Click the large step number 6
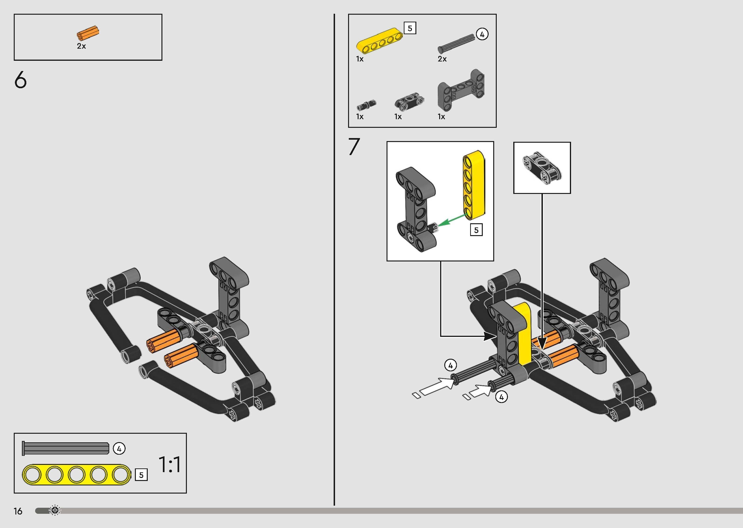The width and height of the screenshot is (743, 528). click(21, 80)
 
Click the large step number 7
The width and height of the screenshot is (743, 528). click(354, 147)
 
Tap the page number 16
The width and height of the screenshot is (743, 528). click(18, 511)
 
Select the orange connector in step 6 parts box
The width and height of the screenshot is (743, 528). click(88, 33)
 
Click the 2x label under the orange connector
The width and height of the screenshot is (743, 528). click(81, 46)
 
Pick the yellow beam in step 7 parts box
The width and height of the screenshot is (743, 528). click(379, 41)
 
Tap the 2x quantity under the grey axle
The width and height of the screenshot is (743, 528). click(442, 59)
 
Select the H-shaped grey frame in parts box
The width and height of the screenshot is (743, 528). click(461, 89)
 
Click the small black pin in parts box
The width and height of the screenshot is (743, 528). click(366, 105)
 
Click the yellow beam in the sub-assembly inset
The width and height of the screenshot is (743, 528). click(474, 184)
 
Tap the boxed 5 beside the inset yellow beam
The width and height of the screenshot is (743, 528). click(476, 230)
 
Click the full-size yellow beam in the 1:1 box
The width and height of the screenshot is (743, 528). click(76, 475)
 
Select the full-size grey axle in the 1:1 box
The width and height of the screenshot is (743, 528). click(65, 448)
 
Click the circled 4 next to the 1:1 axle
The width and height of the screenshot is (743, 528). click(119, 449)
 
